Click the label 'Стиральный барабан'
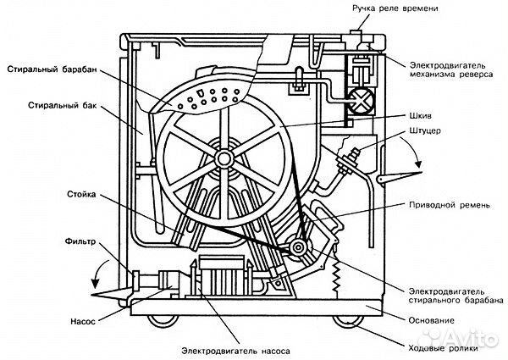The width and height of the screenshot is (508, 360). (52, 69)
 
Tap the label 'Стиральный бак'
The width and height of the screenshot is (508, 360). (62, 105)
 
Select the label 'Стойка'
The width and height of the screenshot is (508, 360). (81, 195)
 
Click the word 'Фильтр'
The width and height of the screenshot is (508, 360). (80, 241)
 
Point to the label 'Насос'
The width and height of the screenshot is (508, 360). (83, 321)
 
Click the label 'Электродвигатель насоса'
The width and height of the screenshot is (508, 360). (235, 351)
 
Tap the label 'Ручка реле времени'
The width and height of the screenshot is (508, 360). (395, 8)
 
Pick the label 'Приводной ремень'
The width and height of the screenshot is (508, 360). (450, 205)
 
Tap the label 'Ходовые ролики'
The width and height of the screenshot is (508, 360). (443, 348)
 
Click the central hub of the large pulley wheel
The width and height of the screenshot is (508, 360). (224, 158)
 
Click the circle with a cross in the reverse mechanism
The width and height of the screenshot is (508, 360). (361, 101)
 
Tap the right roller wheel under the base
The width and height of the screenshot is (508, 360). (349, 321)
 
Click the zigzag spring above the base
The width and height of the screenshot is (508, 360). (337, 275)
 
